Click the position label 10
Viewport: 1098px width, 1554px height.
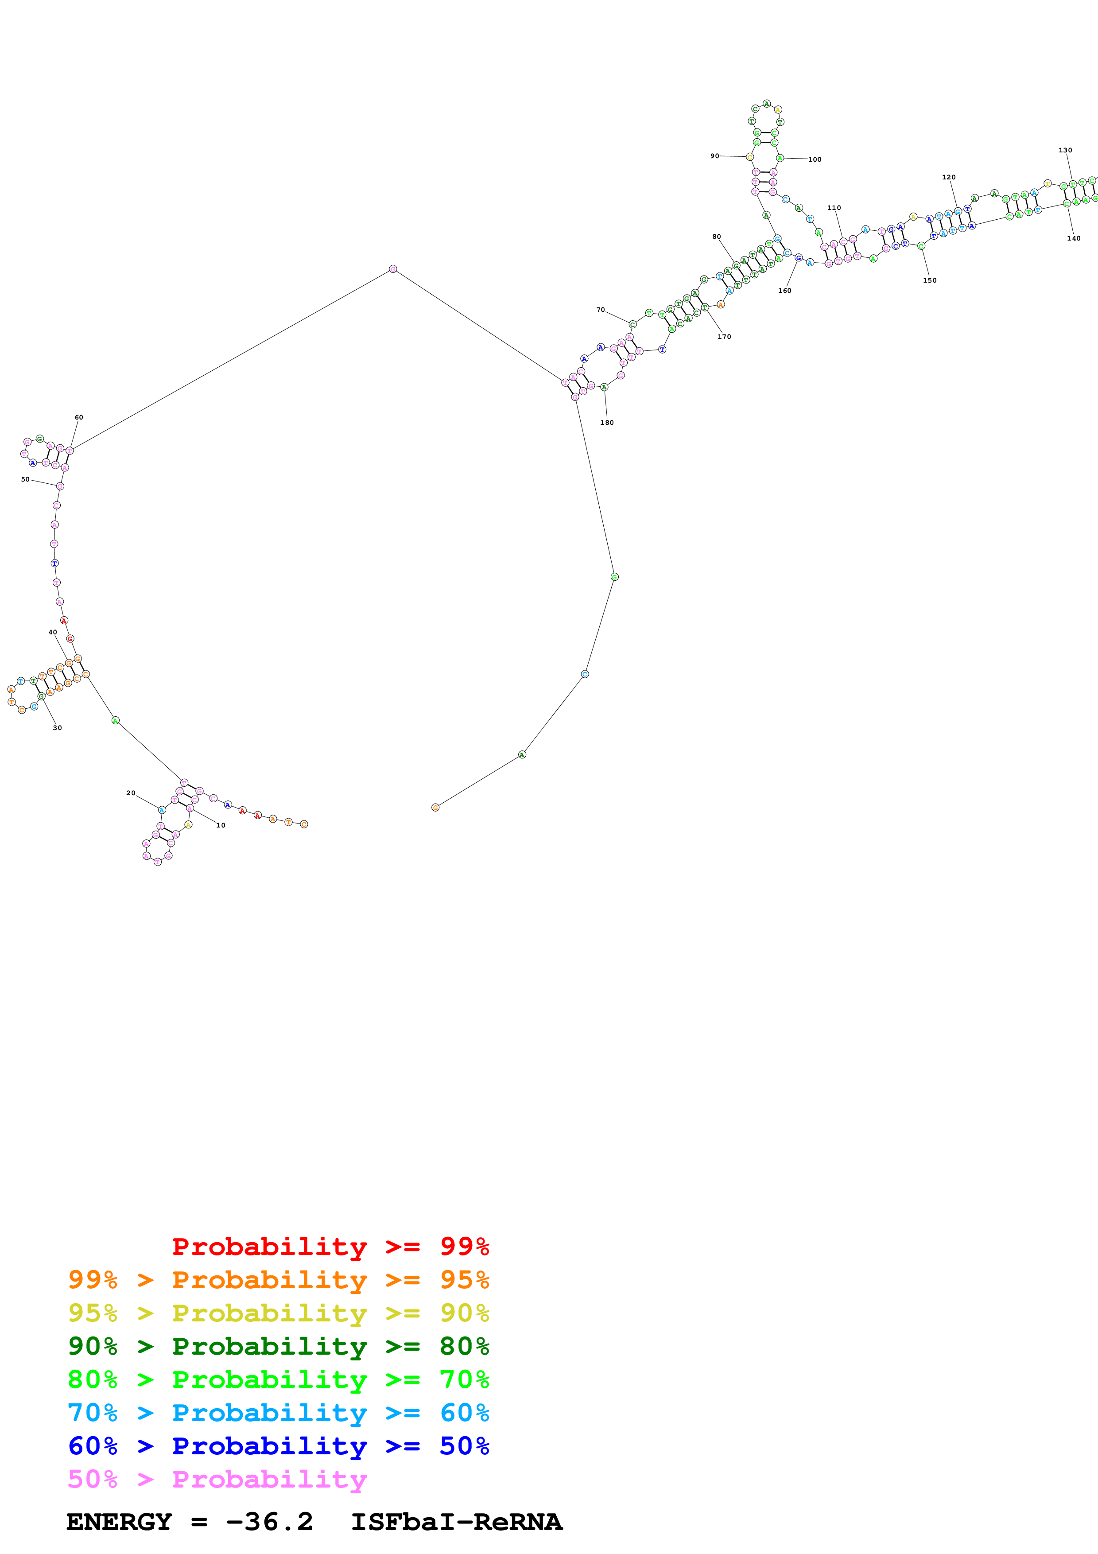point(221,825)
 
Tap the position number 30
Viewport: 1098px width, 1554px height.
point(58,727)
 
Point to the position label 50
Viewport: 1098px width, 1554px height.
point(25,479)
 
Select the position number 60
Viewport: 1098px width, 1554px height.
point(79,418)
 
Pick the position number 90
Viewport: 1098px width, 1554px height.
point(714,155)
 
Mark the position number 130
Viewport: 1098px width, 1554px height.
point(1065,150)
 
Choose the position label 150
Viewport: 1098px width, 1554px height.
point(930,280)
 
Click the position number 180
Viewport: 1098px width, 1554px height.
point(607,422)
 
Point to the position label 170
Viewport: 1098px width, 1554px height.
point(724,336)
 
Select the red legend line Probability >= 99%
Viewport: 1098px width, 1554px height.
point(330,1246)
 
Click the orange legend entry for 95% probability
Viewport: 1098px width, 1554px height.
point(278,1279)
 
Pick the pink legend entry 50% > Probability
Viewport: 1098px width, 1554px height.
point(217,1478)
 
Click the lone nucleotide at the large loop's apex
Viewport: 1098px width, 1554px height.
point(392,269)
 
